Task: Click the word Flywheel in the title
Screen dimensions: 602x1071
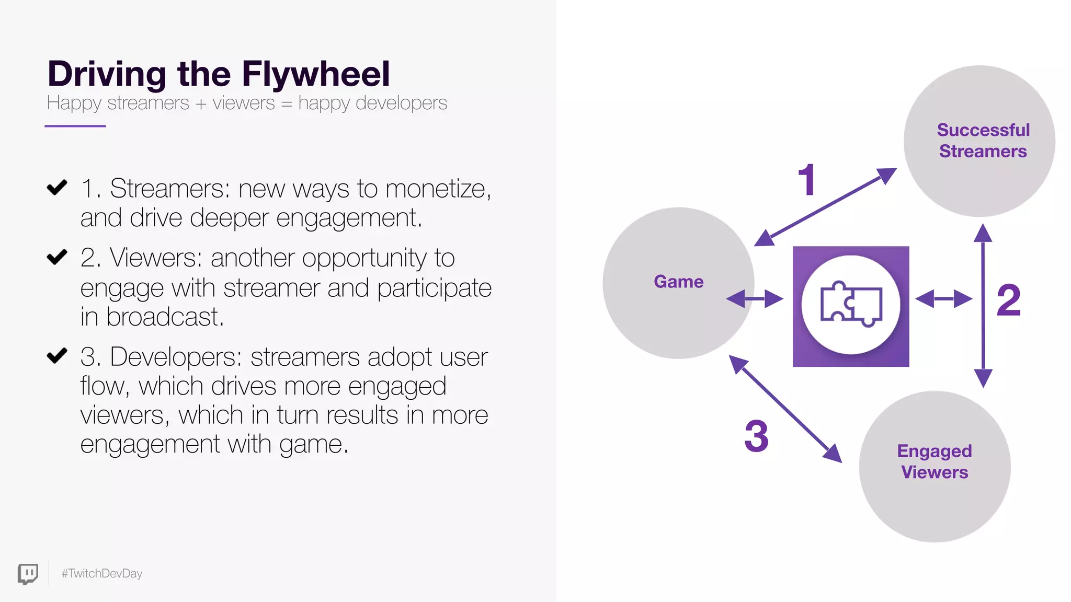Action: pyautogui.click(x=316, y=74)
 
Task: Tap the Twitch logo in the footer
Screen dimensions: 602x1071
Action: pyautogui.click(x=28, y=574)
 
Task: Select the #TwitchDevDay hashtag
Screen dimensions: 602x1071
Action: pyautogui.click(x=102, y=574)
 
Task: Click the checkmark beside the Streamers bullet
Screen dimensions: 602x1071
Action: pyautogui.click(x=57, y=187)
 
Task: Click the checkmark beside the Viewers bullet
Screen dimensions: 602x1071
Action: pyautogui.click(x=57, y=257)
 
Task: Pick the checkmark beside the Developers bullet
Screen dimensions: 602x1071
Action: pyautogui.click(x=57, y=355)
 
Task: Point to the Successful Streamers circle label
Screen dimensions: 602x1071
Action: pyautogui.click(x=983, y=141)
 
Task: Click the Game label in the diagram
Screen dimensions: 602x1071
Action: pyautogui.click(x=678, y=282)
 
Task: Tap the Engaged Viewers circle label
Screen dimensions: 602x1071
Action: pyautogui.click(x=935, y=461)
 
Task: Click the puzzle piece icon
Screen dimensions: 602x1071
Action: pyautogui.click(x=851, y=306)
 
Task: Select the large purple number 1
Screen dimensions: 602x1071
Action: pyautogui.click(x=807, y=180)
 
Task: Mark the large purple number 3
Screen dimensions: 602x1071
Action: pyautogui.click(x=756, y=436)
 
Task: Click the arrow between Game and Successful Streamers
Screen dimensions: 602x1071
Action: pyautogui.click(x=825, y=207)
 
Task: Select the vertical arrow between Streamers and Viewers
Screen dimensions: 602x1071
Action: pyautogui.click(x=983, y=306)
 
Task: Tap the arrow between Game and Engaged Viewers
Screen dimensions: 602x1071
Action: pyautogui.click(x=785, y=409)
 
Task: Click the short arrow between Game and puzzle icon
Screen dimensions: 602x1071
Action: pyautogui.click(x=755, y=299)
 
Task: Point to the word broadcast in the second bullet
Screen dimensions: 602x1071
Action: pyautogui.click(x=165, y=317)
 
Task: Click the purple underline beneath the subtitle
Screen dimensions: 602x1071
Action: pyautogui.click(x=75, y=126)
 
